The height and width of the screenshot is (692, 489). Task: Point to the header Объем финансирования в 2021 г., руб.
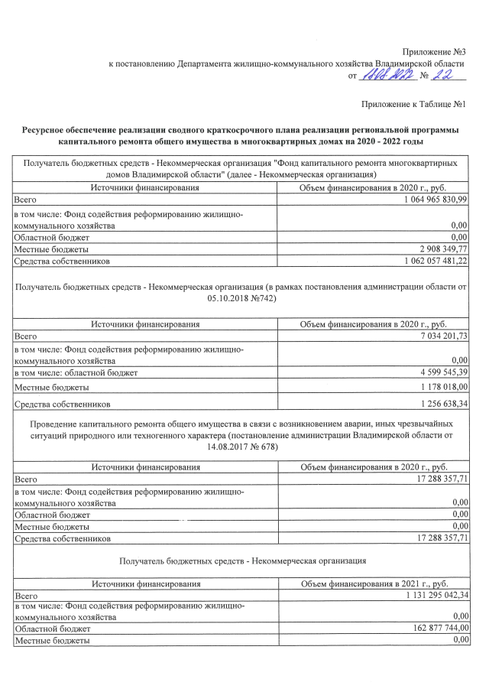pyautogui.click(x=374, y=583)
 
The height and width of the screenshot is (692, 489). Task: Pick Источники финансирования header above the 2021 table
pyautogui.click(x=145, y=583)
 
